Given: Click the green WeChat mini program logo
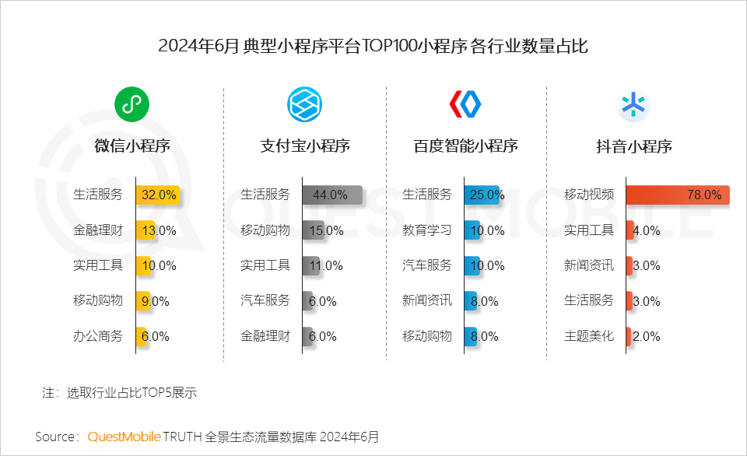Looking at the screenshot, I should pos(132,103).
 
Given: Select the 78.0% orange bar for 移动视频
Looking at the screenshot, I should pos(677,195).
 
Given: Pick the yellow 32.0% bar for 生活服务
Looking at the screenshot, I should pos(158,195).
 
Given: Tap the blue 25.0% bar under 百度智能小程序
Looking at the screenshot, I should pos(482,195).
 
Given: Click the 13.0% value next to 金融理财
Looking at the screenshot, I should pos(158,230).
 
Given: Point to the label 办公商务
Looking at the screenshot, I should pos(98,336).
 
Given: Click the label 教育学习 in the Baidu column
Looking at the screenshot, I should pos(426,230).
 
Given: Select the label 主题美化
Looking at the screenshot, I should pos(589,336).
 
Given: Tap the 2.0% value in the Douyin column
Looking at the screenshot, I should pos(646,337).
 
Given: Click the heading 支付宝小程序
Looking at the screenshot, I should pos(304,146).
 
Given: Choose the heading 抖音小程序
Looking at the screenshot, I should pos(633,146).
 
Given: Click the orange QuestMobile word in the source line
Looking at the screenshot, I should pos(124,436).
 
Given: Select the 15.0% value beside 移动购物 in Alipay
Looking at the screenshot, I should pos(326,230).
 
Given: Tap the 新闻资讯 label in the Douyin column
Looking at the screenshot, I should pos(589,265).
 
